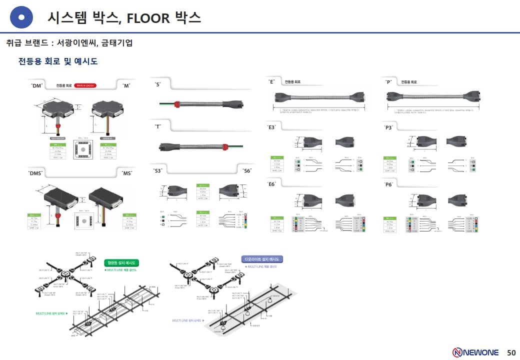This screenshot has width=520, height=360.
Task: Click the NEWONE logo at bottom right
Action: click(x=475, y=352)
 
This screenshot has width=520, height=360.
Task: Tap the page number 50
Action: click(x=511, y=352)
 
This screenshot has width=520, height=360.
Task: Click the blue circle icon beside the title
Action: click(x=21, y=18)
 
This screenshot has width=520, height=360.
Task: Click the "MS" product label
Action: click(x=127, y=173)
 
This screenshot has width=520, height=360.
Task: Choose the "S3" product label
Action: click(x=158, y=170)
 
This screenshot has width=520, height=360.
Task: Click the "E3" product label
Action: click(x=272, y=127)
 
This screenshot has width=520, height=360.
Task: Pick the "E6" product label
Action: click(x=272, y=184)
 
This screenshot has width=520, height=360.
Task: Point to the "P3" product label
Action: click(x=388, y=127)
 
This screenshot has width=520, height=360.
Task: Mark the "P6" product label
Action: click(x=388, y=184)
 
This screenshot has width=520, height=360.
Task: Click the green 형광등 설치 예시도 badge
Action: click(x=121, y=262)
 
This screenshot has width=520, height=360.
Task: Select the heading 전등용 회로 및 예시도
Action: click(x=58, y=61)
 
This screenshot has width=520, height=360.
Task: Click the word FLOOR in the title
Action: click(x=148, y=18)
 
